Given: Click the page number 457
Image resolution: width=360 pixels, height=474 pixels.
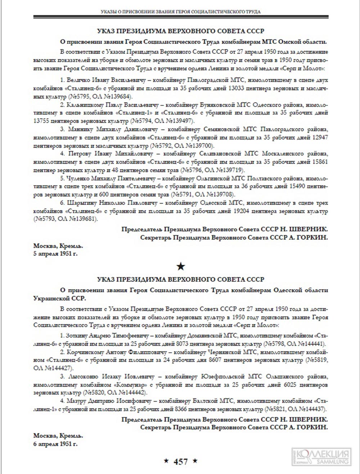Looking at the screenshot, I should (x=181, y=462).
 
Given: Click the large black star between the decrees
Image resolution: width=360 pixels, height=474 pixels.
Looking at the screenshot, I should (x=181, y=266).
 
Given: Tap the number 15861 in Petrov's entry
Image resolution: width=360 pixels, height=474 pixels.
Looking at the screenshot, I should (x=319, y=162).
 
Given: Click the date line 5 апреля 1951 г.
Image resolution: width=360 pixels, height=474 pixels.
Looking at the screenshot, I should (x=55, y=254).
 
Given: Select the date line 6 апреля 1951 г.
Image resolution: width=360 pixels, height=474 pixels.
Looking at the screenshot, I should (x=55, y=444).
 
